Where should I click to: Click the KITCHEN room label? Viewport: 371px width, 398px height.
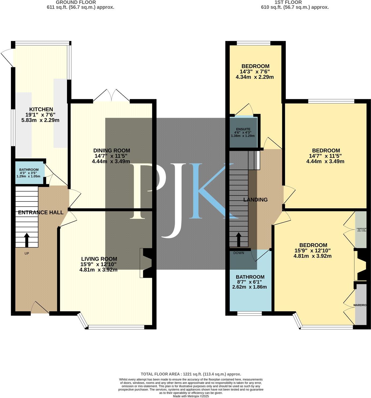41,109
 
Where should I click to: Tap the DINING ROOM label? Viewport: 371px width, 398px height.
112,150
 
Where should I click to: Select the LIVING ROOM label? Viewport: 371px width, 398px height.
99,259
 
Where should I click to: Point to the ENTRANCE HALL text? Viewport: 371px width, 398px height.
41,212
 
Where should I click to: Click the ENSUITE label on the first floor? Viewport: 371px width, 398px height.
243,129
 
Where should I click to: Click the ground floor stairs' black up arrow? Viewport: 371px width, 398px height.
27,239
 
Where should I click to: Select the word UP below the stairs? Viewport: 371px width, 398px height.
27,253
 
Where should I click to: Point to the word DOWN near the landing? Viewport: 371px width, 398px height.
239,253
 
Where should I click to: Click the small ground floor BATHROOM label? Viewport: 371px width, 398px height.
29,170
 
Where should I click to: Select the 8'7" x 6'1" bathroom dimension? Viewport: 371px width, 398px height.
250,282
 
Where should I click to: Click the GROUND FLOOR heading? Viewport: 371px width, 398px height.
76,2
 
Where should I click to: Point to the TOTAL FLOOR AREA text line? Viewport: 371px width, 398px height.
191,374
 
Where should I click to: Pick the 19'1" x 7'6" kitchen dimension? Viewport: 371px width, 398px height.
40,115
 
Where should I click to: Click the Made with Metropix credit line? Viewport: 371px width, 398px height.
191,396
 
